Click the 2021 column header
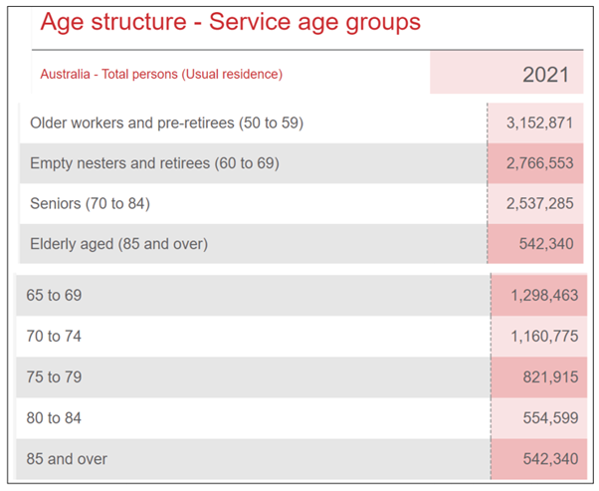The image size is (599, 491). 545,75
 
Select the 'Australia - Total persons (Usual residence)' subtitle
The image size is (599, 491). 161,74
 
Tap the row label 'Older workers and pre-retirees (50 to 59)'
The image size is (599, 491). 166,123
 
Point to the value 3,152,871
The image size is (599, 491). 539,123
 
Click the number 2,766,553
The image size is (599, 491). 539,163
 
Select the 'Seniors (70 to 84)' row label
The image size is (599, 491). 90,203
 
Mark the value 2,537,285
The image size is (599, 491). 539,203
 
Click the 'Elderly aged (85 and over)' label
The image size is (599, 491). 118,243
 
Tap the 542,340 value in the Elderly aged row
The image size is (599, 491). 546,243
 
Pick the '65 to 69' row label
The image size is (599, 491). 55,296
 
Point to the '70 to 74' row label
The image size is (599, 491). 55,337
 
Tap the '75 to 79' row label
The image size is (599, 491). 55,377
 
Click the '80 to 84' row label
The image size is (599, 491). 55,418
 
